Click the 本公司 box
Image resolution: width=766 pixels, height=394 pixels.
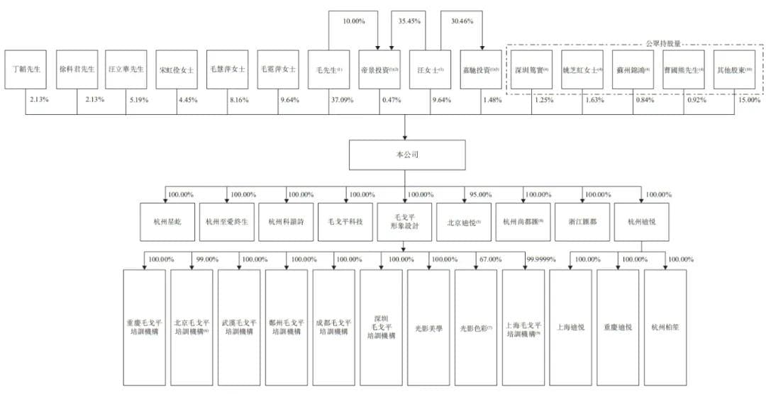(406, 155)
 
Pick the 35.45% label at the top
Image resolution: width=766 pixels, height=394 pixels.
(411, 21)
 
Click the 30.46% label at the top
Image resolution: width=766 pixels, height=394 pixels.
(462, 21)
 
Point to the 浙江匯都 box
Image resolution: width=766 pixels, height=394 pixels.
(583, 222)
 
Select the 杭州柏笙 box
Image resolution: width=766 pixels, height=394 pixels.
(665, 327)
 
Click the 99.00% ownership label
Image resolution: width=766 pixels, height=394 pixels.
(205, 259)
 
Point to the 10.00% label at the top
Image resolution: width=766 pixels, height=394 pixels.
(354, 21)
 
